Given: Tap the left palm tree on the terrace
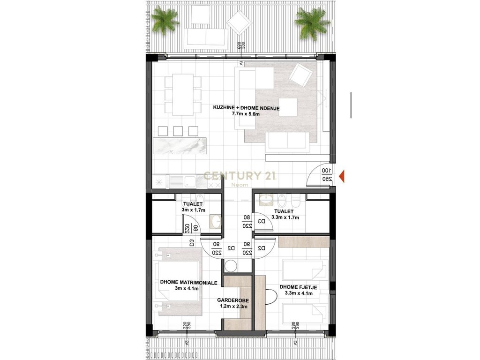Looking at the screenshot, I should pyautogui.click(x=165, y=20).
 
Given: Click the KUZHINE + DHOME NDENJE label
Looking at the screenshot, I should pyautogui.click(x=246, y=108).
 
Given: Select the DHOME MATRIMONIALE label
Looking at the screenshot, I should pyautogui.click(x=188, y=283).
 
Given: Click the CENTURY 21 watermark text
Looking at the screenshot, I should pyautogui.click(x=239, y=176).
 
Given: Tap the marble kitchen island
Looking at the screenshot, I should pyautogui.click(x=180, y=146).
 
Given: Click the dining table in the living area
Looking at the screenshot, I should pyautogui.click(x=182, y=94).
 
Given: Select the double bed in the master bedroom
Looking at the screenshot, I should pyautogui.click(x=180, y=281).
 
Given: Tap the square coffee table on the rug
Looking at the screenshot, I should pyautogui.click(x=288, y=107).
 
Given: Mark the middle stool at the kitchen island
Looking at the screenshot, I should pyautogui.click(x=178, y=131).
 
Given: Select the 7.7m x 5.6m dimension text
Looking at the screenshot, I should pyautogui.click(x=246, y=114).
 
